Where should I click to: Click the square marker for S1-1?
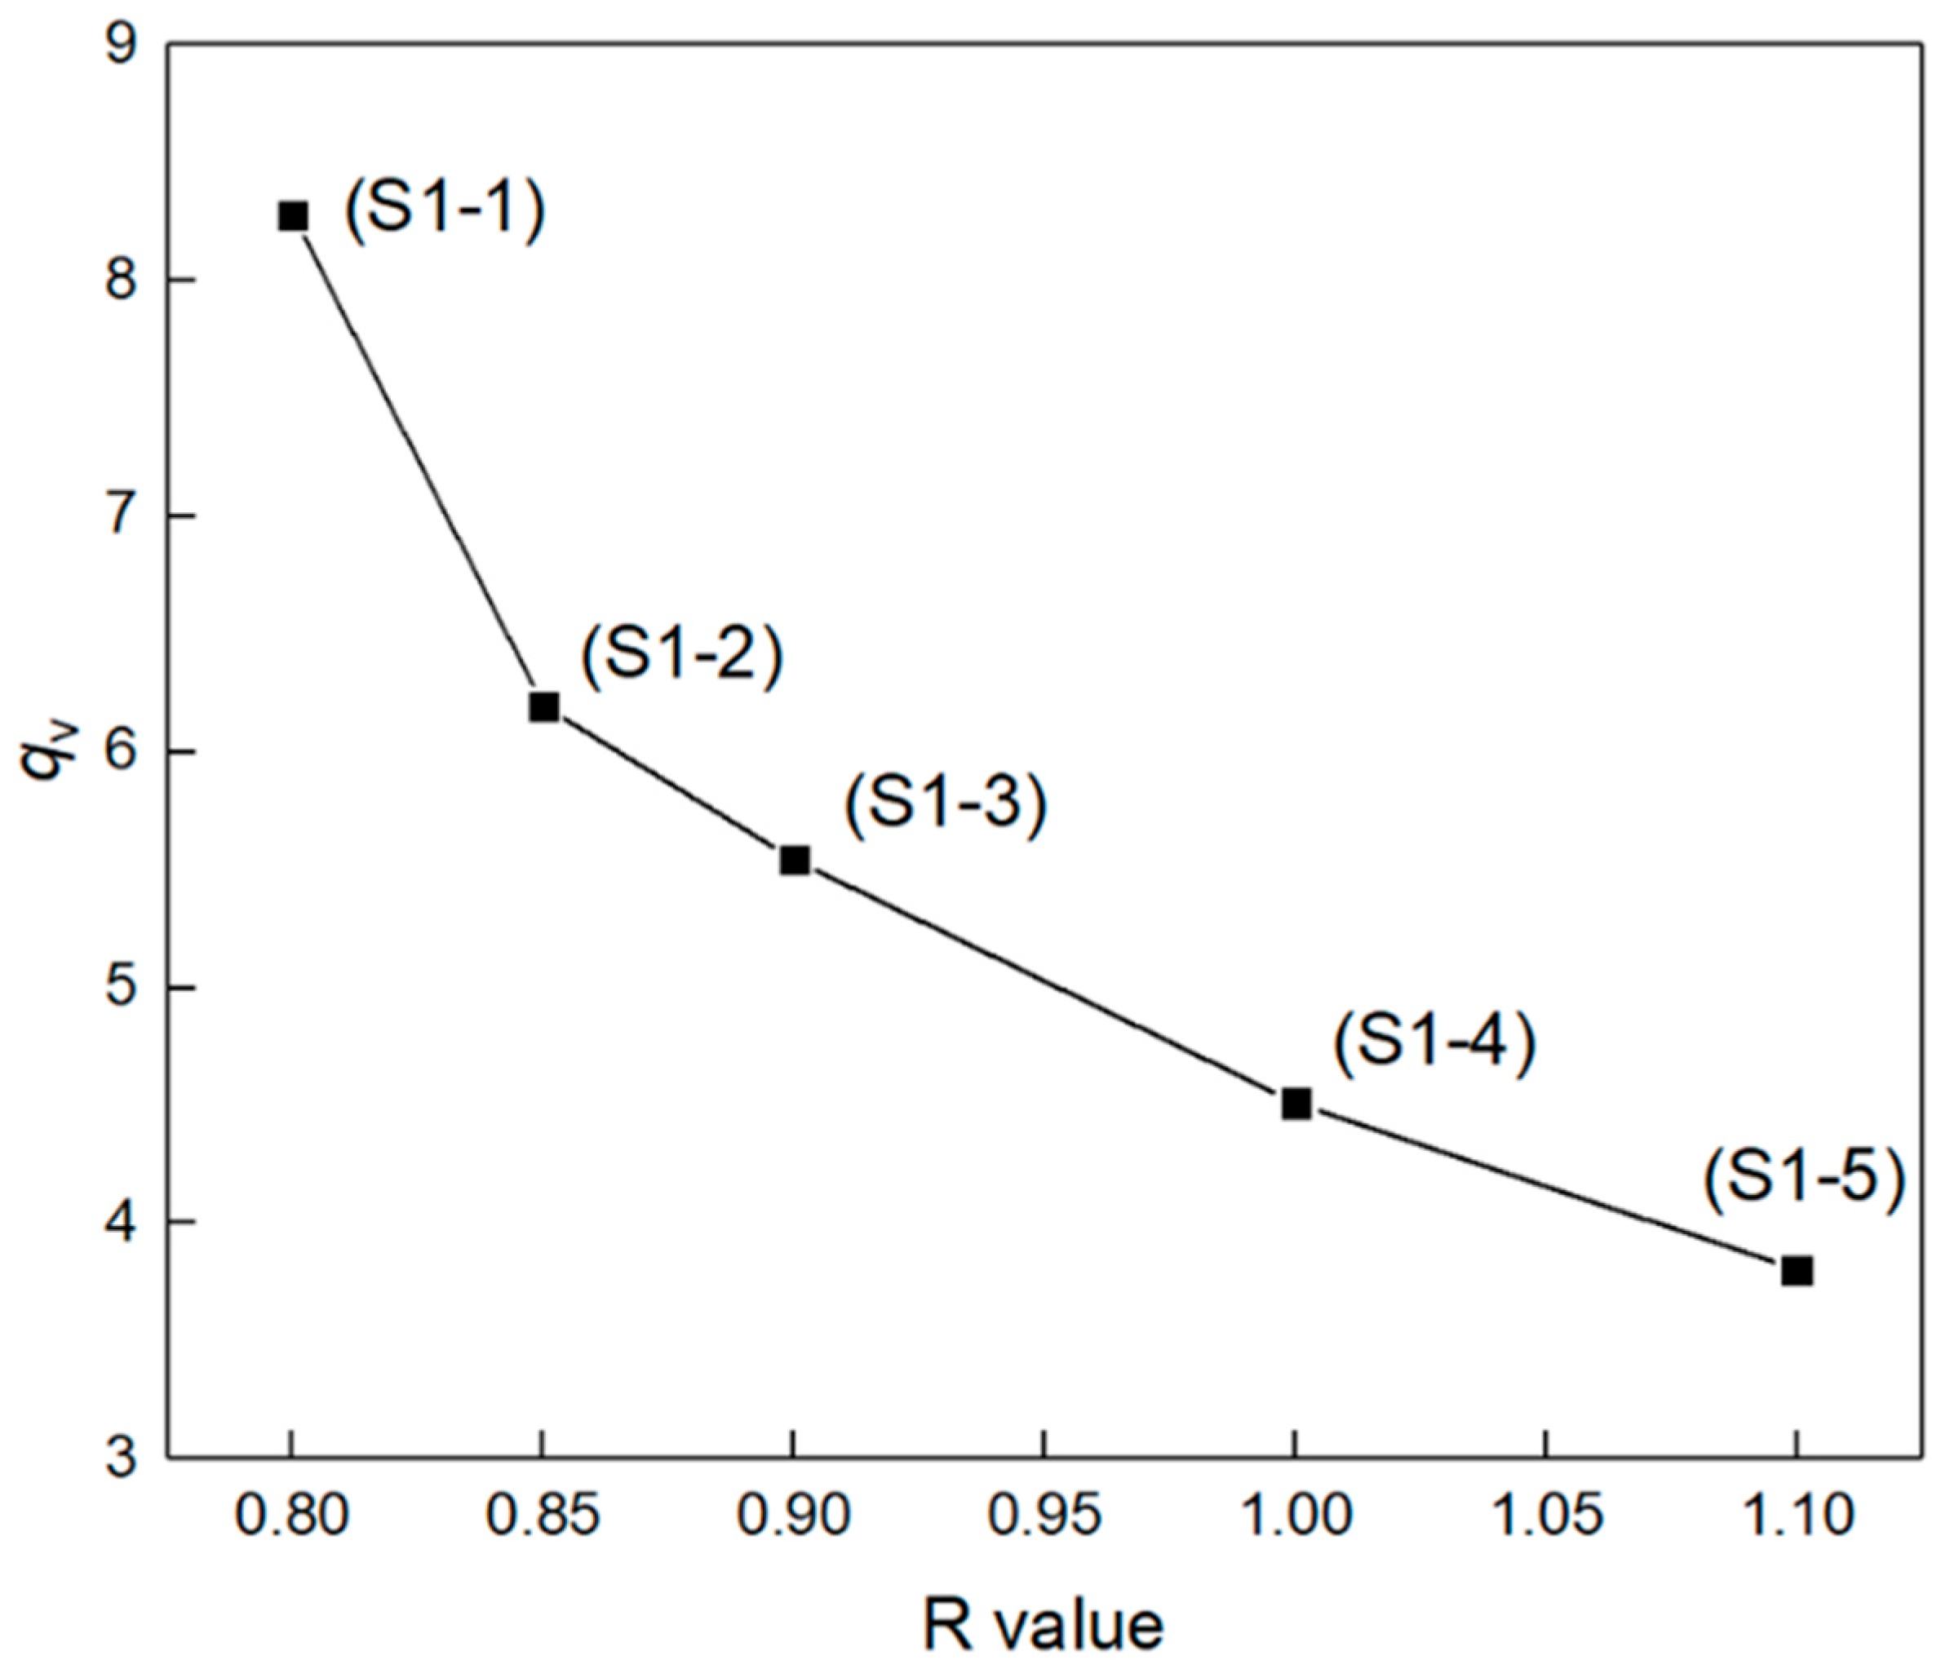[293, 216]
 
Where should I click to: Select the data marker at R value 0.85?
[543, 706]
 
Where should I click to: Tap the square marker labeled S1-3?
[795, 860]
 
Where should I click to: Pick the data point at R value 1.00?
[1296, 1104]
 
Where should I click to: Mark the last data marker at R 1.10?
[1797, 1271]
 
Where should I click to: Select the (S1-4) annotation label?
[1434, 1042]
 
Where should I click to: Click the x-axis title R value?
[1043, 1627]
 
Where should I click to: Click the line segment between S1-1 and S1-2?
[419, 462]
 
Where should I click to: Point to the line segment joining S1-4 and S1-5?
[1545, 1188]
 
